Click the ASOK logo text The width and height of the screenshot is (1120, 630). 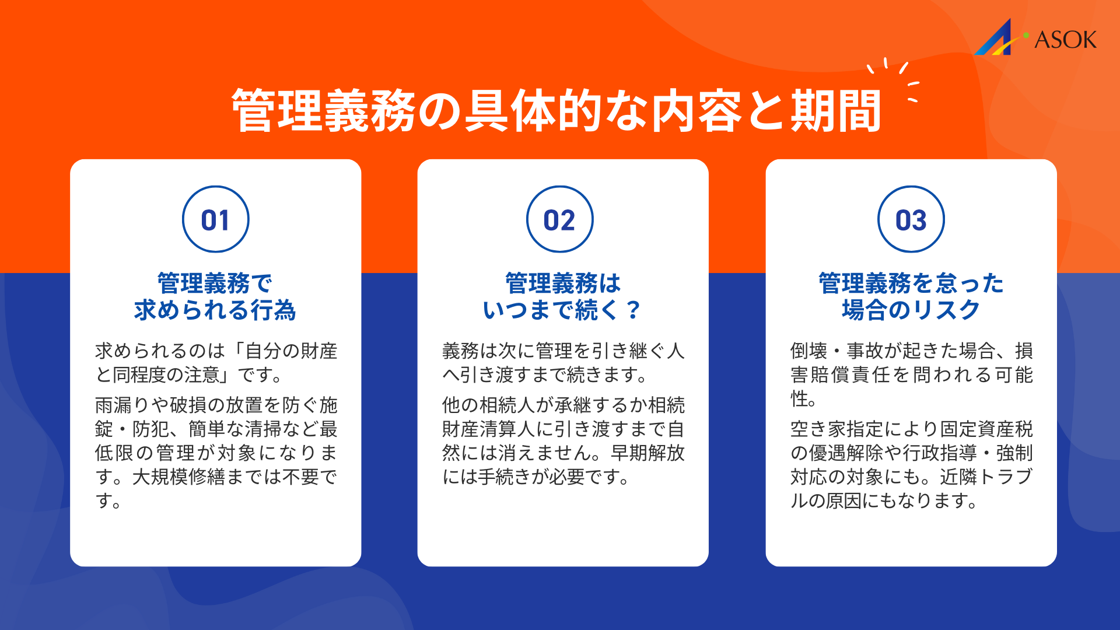click(x=1065, y=40)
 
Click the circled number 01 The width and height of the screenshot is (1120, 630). click(x=215, y=220)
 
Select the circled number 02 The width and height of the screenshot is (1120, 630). click(x=559, y=220)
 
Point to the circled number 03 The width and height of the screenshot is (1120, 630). click(x=911, y=220)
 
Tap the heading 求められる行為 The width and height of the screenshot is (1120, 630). click(x=215, y=310)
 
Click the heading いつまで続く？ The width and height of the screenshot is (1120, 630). click(x=562, y=310)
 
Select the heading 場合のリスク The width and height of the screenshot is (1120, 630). click(x=911, y=310)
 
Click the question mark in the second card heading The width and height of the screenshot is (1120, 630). click(x=633, y=310)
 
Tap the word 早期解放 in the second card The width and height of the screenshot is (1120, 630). click(x=647, y=453)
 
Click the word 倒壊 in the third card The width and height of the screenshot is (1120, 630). click(x=808, y=351)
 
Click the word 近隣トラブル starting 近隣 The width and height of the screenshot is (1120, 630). click(x=986, y=477)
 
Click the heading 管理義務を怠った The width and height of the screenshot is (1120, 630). click(x=911, y=283)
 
